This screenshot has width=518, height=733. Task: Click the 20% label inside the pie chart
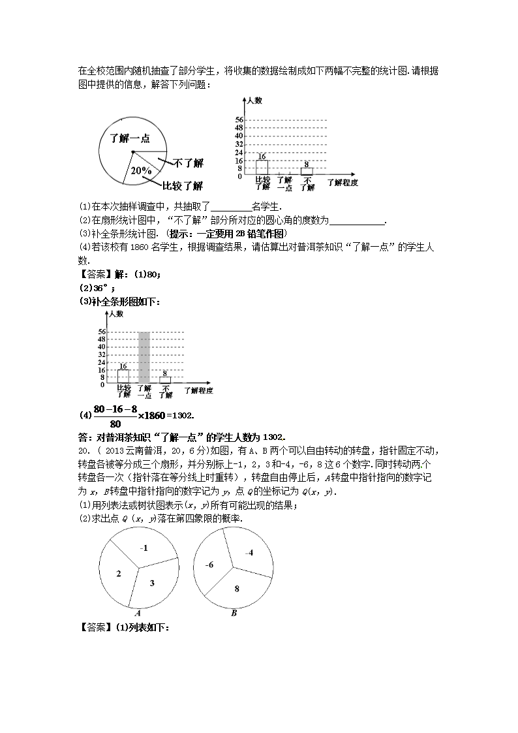click(x=141, y=170)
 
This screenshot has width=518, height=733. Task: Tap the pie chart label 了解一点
click(x=129, y=138)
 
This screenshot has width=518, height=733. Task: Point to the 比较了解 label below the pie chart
click(x=181, y=185)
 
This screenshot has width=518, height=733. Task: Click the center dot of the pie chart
click(x=132, y=152)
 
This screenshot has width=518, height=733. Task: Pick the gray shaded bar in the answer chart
click(x=144, y=357)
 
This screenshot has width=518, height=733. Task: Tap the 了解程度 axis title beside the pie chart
click(x=343, y=183)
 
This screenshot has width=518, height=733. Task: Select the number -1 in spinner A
click(x=144, y=548)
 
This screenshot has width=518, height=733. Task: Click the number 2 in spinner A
click(x=119, y=574)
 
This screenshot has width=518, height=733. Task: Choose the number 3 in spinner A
click(x=151, y=582)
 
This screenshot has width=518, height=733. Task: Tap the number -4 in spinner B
click(x=249, y=553)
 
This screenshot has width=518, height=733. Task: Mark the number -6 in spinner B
click(x=209, y=565)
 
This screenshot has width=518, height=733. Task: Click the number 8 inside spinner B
click(x=237, y=588)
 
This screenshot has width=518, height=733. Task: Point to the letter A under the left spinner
click(x=138, y=614)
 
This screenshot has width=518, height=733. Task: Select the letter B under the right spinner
click(x=233, y=614)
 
